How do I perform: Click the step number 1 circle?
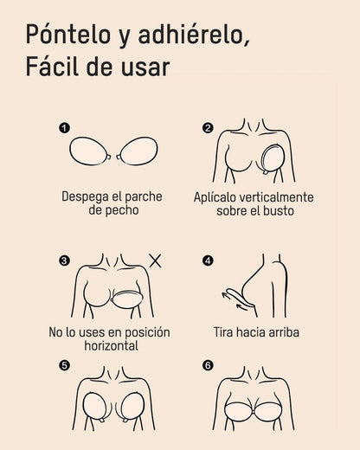(63, 128)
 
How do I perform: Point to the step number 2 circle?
(208, 128)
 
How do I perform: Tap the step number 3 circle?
(63, 260)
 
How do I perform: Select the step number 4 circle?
(208, 260)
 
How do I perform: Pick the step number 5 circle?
(63, 365)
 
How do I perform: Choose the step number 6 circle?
(208, 365)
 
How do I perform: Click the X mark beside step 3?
(156, 260)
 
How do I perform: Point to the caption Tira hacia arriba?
(256, 331)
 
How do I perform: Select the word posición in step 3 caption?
(145, 331)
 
